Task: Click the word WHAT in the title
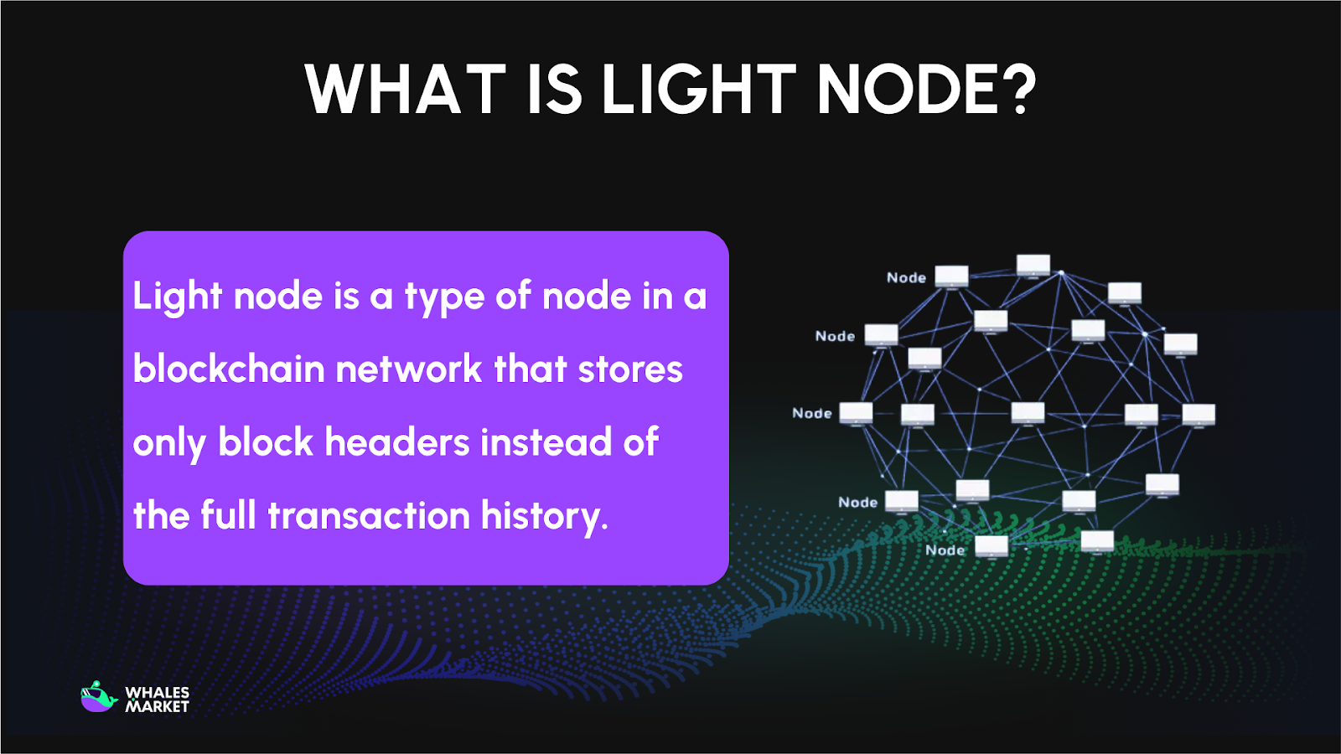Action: (x=405, y=90)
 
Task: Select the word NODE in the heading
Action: (x=907, y=90)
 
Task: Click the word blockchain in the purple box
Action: (x=228, y=369)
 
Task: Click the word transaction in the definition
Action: (x=369, y=515)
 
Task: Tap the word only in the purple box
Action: (x=169, y=442)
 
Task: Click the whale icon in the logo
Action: (x=98, y=697)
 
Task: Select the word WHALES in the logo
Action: (x=157, y=693)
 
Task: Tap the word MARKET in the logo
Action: (x=157, y=707)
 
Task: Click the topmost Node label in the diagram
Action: (x=906, y=277)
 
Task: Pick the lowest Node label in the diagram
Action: (x=945, y=550)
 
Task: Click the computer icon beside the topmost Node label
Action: (x=951, y=276)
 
